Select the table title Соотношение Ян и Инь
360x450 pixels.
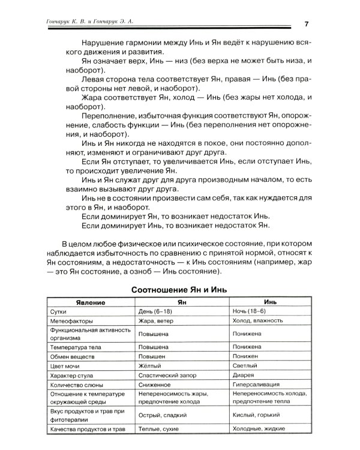pyautogui.click(x=179, y=289)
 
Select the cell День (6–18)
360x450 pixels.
pyautogui.click(x=158, y=312)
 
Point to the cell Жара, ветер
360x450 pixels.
pyautogui.click(x=158, y=322)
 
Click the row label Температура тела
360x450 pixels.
pyautogui.click(x=76, y=347)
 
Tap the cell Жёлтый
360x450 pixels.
pyautogui.click(x=151, y=366)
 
